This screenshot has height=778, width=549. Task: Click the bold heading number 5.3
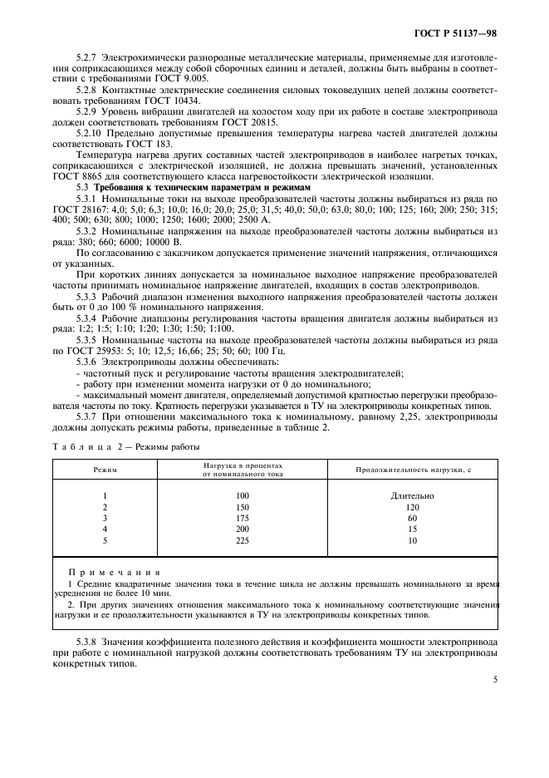[83, 188]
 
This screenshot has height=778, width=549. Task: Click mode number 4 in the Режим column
[105, 528]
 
